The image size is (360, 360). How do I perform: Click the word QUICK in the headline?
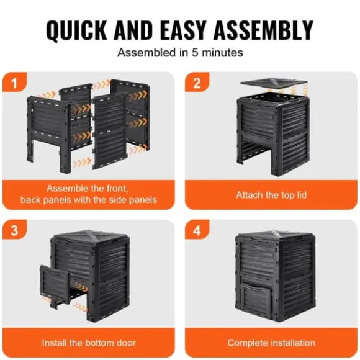click(x=76, y=30)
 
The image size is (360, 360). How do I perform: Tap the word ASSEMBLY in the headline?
click(x=263, y=30)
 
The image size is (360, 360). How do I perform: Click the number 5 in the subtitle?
click(x=195, y=53)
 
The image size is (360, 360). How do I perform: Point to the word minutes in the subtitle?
click(x=222, y=53)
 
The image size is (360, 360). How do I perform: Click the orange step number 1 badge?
click(x=14, y=82)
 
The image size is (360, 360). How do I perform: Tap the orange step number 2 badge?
click(x=197, y=82)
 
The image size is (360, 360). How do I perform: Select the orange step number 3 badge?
click(x=14, y=230)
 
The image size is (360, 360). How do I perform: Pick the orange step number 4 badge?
click(x=197, y=230)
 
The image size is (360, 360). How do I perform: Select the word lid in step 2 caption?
click(x=302, y=195)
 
